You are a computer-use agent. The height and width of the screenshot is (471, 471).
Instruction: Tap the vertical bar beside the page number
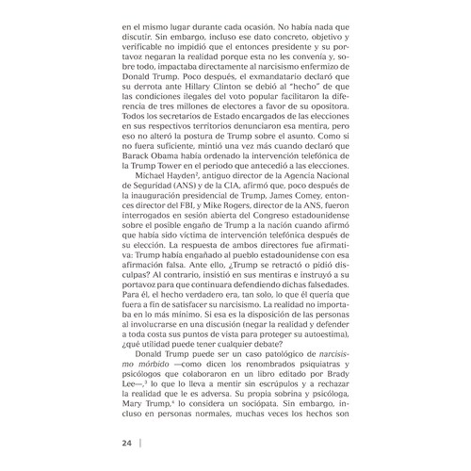pyautogui.click(x=139, y=442)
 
